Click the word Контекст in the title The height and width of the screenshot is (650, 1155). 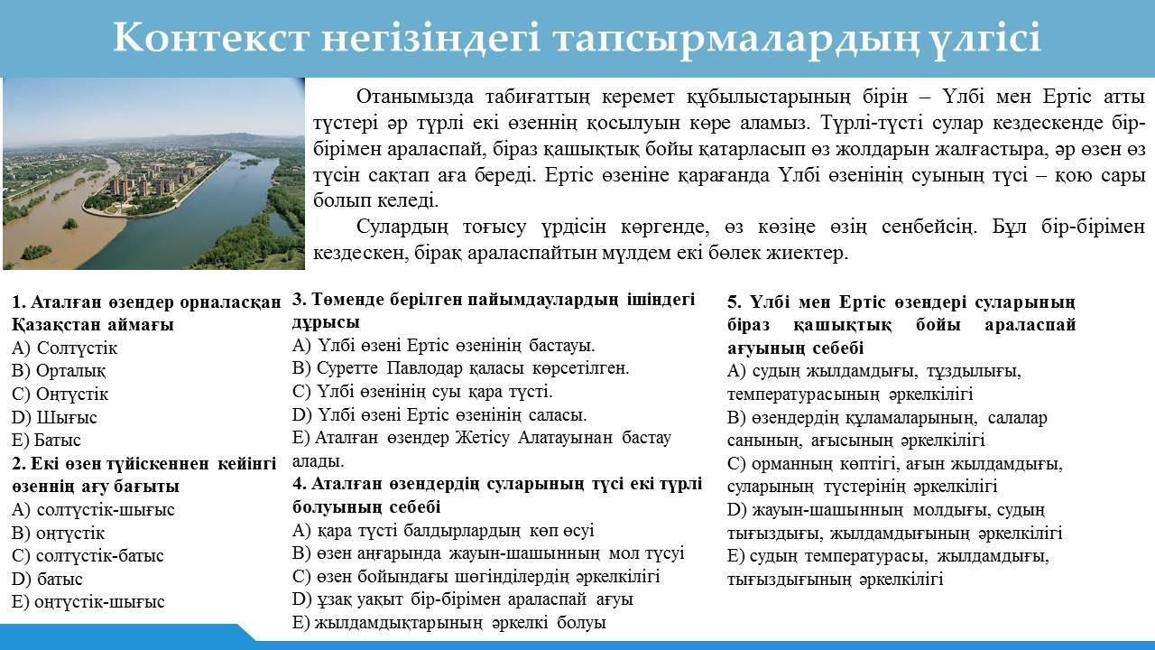[210, 38]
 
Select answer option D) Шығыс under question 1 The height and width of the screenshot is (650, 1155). [54, 417]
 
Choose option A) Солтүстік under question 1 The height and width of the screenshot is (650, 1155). [64, 348]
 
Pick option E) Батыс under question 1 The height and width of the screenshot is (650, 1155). [46, 440]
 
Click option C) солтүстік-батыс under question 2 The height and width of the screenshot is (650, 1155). [88, 555]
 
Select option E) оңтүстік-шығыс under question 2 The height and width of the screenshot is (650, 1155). [88, 601]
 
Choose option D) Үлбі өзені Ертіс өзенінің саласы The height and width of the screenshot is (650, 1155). [439, 414]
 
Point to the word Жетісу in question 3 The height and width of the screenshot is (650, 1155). [482, 438]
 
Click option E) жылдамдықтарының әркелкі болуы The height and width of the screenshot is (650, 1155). [448, 623]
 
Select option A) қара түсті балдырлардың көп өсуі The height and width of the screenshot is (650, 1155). [443, 530]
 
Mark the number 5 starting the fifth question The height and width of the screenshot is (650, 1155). [734, 302]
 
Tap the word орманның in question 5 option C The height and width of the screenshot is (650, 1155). [792, 464]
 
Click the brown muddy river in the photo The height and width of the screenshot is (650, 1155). [57, 222]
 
